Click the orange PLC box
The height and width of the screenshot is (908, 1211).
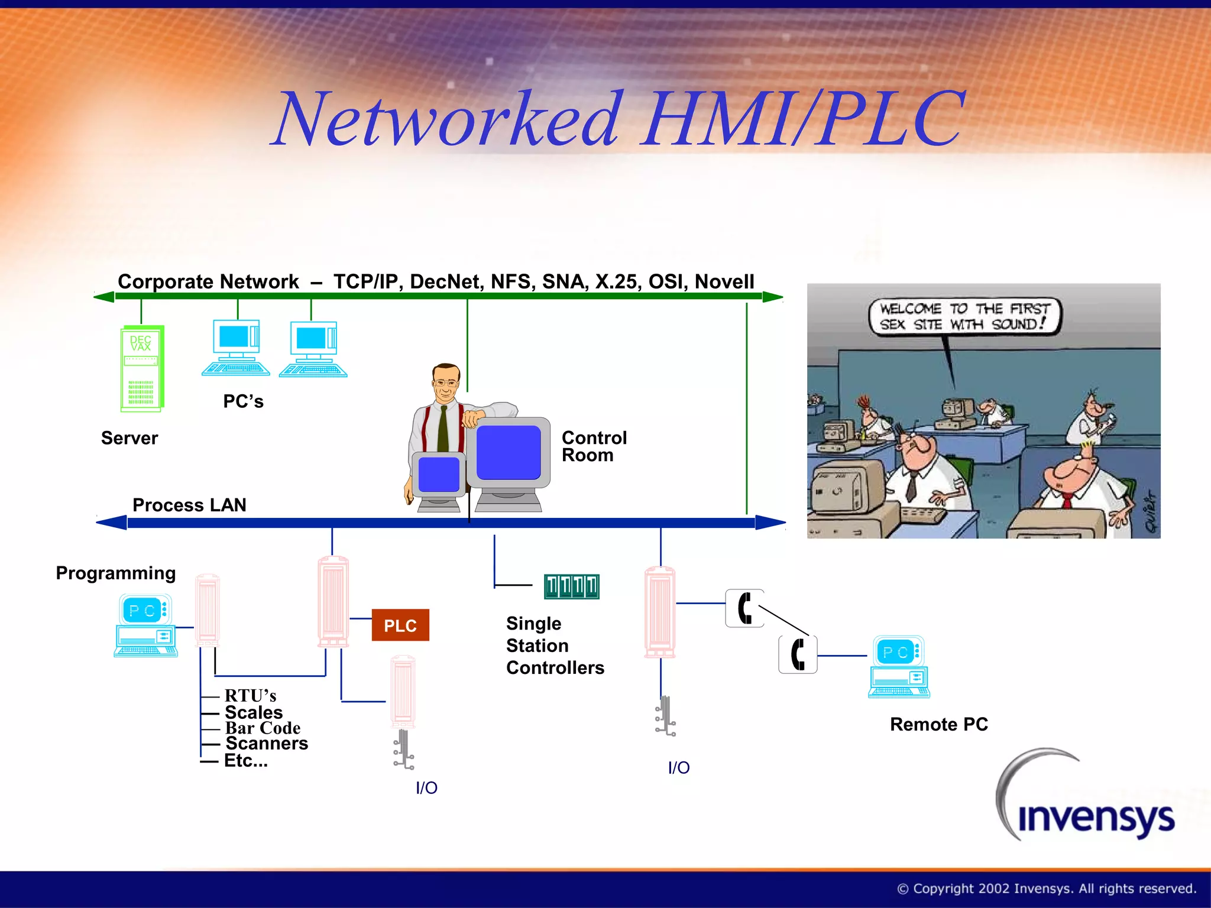coord(400,625)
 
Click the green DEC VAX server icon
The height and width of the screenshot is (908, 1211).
coord(142,368)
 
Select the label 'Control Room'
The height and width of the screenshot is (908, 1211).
coord(593,446)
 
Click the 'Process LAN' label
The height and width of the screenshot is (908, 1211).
coord(189,505)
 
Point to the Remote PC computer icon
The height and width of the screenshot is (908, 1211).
coord(899,667)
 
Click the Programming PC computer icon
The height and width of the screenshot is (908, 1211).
coord(145,626)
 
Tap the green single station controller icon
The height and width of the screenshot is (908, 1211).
coord(571,586)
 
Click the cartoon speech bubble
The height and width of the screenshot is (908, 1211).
coord(964,316)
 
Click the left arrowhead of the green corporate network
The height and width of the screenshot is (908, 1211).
coord(105,297)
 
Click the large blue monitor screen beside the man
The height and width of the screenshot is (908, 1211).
coord(509,452)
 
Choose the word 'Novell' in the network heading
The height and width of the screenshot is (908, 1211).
coord(724,281)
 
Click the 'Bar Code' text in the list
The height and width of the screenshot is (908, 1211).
coord(263,728)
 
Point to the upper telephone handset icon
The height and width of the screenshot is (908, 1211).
coord(744,608)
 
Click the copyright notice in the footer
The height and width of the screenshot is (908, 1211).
coord(1046,888)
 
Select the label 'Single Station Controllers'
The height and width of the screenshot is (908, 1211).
coord(555,646)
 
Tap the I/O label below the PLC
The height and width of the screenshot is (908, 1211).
coord(426,787)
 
